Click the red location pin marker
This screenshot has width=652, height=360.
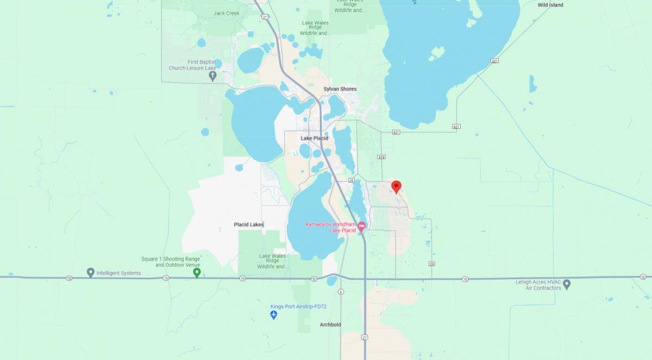[396, 186]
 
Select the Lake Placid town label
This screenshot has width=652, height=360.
[314, 138]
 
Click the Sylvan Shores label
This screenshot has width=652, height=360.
[340, 89]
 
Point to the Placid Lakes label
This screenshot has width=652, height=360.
[248, 224]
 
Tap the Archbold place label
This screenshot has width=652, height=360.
[330, 325]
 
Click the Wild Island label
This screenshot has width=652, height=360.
[550, 5]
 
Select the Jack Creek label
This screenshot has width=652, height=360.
[227, 13]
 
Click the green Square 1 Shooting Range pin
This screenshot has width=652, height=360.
[197, 272]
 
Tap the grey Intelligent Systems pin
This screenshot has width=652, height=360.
[91, 272]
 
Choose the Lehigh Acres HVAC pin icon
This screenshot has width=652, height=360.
[567, 283]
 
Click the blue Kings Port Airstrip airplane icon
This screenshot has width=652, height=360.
[274, 315]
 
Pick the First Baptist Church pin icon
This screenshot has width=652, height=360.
[212, 75]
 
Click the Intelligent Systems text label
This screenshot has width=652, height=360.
[119, 273]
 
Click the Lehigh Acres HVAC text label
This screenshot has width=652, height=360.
[538, 285]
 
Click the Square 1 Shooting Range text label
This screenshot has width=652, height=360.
[171, 262]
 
